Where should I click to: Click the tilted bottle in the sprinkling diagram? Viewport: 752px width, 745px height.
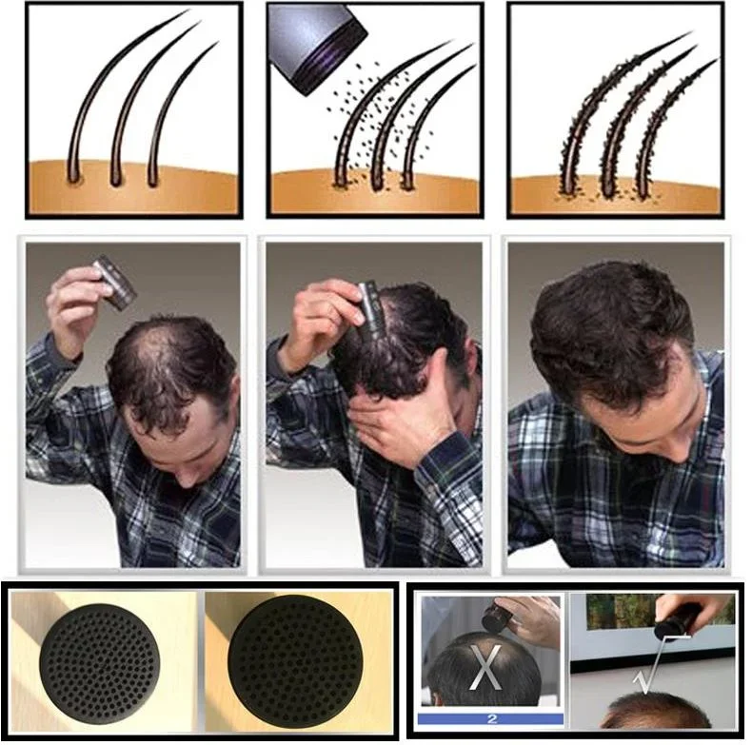pos(317,46)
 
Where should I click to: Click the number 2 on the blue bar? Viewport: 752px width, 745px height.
pos(492,719)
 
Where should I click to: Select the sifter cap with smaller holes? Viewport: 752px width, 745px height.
pos(99,664)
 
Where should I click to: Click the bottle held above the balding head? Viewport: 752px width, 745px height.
pos(115,283)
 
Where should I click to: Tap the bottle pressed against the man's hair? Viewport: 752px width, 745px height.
pos(367,313)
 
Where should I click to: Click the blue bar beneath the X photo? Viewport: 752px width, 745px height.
pos(490,719)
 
